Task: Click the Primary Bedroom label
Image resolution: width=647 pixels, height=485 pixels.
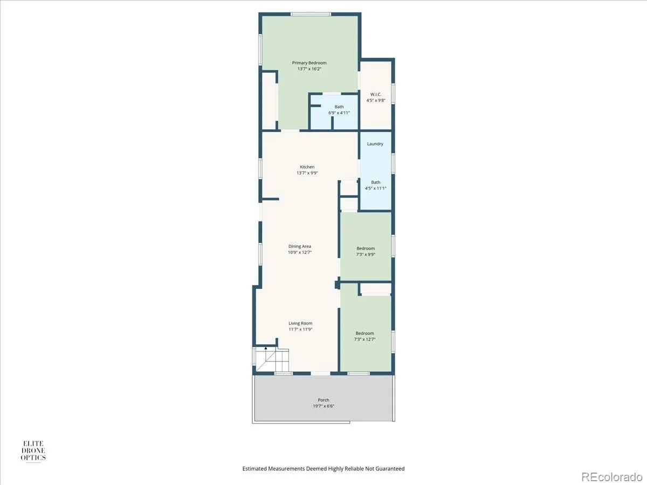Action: point(309,63)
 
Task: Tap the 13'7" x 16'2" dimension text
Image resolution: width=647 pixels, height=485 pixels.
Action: point(309,69)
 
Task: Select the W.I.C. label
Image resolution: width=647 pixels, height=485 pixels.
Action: point(376,94)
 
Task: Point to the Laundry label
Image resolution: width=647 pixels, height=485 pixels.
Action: point(375,144)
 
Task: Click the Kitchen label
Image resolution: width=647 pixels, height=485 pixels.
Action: point(307,167)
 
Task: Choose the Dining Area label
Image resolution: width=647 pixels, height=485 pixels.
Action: point(299,246)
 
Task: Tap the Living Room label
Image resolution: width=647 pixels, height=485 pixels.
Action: point(300,323)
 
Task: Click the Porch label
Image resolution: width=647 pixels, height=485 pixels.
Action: point(323,400)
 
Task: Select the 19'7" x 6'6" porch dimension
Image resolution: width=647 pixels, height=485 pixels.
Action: point(323,406)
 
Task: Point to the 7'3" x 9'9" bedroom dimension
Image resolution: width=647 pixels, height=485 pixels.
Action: point(366,254)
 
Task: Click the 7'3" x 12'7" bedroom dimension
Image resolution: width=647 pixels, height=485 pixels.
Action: point(364,339)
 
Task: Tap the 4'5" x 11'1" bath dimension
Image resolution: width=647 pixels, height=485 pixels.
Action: point(375,188)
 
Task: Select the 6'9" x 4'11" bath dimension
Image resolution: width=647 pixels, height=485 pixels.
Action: point(339,113)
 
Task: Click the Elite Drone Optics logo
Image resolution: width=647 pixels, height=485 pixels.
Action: point(33,451)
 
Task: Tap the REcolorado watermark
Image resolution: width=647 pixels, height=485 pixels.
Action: point(612,477)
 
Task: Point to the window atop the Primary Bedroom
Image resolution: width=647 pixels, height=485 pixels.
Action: point(311,14)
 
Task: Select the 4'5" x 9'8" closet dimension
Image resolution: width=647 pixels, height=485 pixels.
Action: point(376,100)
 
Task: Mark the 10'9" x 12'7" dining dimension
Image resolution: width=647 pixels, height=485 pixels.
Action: point(299,252)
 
